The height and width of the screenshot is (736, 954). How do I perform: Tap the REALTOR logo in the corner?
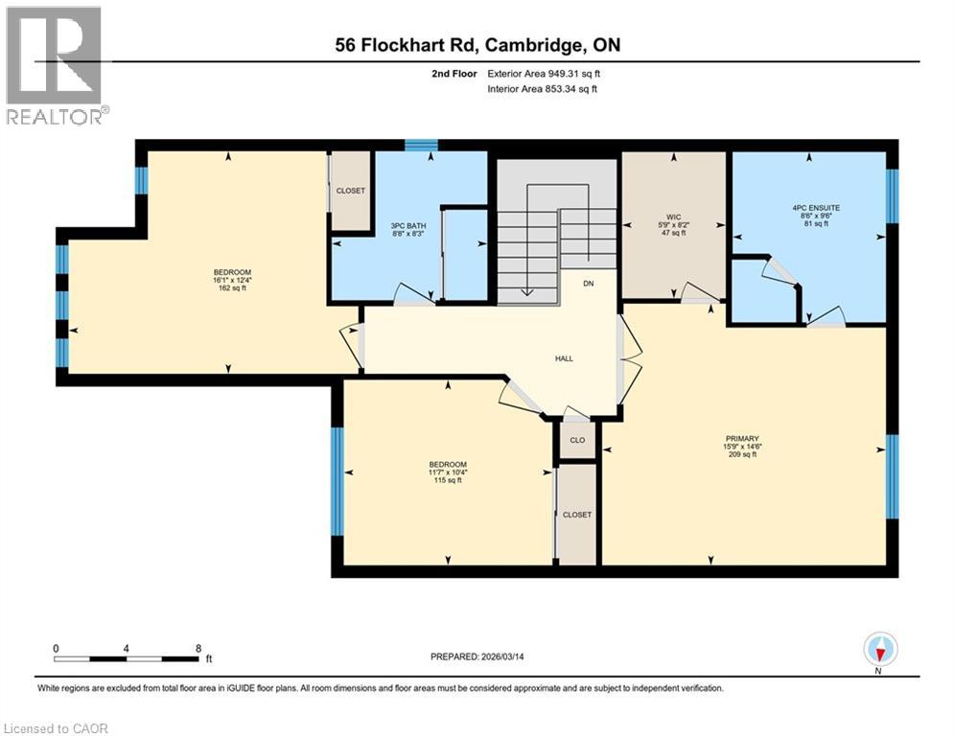[54, 65]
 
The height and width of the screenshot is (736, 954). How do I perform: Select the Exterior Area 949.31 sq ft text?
[545, 73]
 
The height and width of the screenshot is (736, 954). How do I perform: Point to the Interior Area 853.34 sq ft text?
[543, 89]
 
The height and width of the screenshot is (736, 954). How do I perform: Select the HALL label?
[564, 357]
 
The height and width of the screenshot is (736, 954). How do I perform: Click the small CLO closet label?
[577, 441]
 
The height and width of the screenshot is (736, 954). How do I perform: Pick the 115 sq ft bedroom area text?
[448, 480]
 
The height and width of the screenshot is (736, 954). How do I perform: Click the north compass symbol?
[880, 651]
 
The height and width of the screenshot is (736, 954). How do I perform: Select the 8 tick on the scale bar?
[198, 648]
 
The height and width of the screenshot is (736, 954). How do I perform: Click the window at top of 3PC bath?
[421, 146]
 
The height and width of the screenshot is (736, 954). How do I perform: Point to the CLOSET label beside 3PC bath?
[350, 191]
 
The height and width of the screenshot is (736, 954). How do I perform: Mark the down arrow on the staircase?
[526, 293]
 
